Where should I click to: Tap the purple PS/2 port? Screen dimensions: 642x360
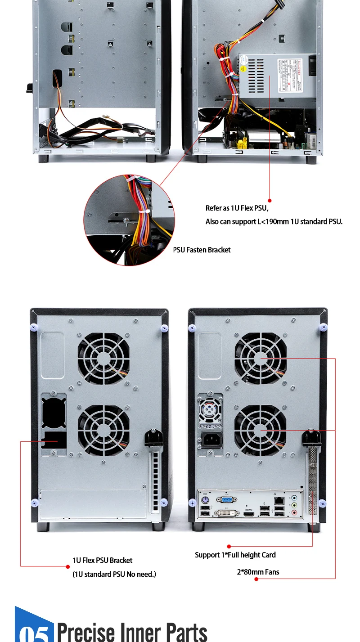(x=205, y=500)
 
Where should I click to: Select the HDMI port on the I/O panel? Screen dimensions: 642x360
(x=249, y=513)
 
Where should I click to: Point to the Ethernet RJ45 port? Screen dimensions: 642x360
(x=279, y=499)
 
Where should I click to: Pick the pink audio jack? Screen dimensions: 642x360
(x=294, y=512)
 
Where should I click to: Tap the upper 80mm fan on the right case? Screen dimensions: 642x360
(x=261, y=359)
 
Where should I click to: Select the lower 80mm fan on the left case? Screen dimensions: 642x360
(x=103, y=431)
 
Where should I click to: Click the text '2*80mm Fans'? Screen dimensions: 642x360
(x=258, y=572)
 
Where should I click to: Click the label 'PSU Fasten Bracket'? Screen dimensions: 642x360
(x=202, y=250)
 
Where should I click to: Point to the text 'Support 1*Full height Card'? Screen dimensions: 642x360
(x=235, y=555)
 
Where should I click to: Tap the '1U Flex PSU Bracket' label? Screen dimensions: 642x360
(x=102, y=560)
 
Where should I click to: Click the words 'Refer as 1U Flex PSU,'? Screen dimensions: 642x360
(x=237, y=208)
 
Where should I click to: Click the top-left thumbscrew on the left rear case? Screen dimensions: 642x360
(x=34, y=327)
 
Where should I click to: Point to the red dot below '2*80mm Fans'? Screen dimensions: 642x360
(x=256, y=579)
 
